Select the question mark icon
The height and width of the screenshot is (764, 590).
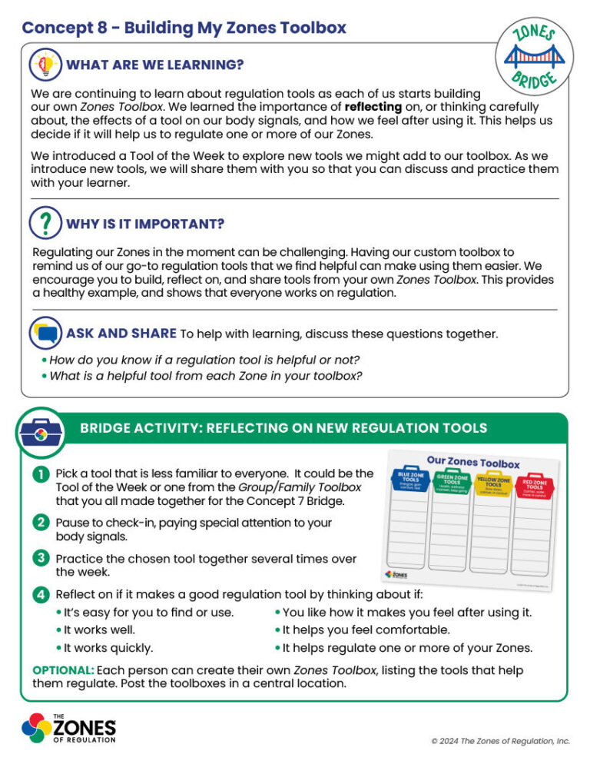tap(45, 223)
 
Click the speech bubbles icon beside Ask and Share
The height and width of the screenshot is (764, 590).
tap(45, 334)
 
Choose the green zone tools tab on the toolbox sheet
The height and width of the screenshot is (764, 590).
tap(452, 483)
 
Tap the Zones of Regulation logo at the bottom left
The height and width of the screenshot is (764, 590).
tap(68, 728)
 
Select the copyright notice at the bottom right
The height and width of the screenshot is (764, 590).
tap(500, 741)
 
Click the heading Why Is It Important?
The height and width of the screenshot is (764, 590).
tap(145, 224)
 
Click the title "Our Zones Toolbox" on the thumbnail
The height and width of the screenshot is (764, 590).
tap(472, 461)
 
